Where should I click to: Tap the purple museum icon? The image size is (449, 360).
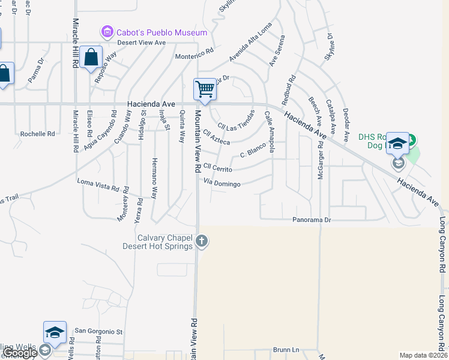[x=107, y=31]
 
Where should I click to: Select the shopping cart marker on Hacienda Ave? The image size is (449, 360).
[x=205, y=89]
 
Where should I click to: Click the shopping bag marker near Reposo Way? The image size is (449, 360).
[x=91, y=58]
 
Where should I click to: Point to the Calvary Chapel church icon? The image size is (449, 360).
[x=202, y=241]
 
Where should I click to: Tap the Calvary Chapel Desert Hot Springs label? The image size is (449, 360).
[x=165, y=241]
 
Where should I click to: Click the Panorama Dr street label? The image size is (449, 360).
[x=312, y=220]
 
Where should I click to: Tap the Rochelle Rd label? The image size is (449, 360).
[x=37, y=134]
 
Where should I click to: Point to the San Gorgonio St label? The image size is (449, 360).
[x=98, y=331]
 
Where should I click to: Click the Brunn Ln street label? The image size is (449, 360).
[x=286, y=350]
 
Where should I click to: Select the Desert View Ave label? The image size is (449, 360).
[x=141, y=43]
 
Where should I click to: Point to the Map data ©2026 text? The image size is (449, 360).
[x=423, y=355]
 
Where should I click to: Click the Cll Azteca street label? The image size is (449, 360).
[x=217, y=137]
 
